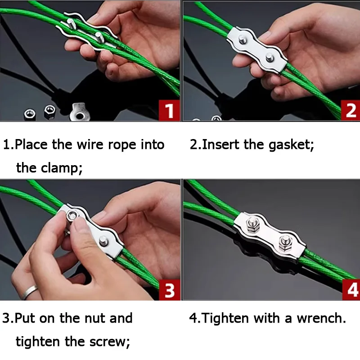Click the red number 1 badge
(170, 111)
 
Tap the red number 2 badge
(351, 111)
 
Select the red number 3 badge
(170, 290)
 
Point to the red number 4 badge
(351, 290)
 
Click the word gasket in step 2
(291, 145)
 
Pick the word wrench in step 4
(321, 318)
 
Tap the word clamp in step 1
(61, 167)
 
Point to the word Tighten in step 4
(226, 319)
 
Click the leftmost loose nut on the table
(30, 115)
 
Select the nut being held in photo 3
(72, 216)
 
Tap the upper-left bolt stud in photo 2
(243, 40)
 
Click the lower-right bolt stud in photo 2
(270, 57)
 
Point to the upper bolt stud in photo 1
(72, 23)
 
